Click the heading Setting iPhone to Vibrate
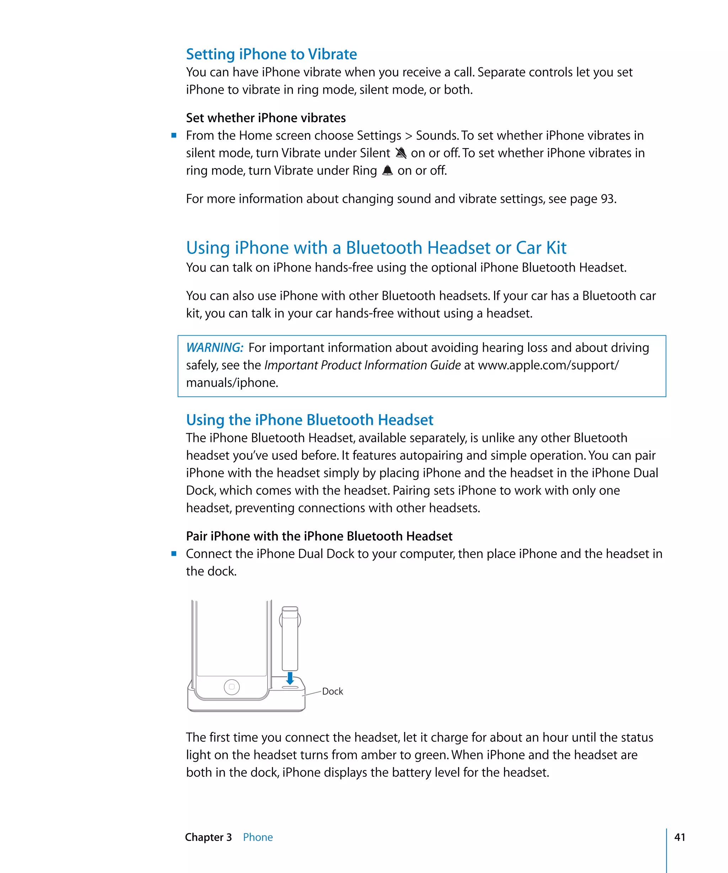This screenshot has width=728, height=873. click(x=271, y=54)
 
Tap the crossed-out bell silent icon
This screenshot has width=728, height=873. click(x=401, y=153)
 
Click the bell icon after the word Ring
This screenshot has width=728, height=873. click(x=387, y=170)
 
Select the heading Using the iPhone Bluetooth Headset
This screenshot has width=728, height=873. click(x=310, y=420)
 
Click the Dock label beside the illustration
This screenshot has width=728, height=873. click(x=332, y=692)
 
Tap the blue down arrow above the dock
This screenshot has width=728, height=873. click(x=290, y=678)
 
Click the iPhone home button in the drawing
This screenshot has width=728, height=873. click(x=232, y=687)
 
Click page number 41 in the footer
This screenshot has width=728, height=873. click(x=680, y=837)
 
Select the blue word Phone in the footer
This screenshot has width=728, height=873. click(x=258, y=837)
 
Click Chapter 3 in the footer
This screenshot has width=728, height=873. click(x=208, y=837)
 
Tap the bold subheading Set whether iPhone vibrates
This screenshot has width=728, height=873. click(x=266, y=118)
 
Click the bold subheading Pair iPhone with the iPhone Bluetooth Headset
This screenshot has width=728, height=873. click(x=319, y=536)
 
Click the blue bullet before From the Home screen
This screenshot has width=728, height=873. click(x=174, y=135)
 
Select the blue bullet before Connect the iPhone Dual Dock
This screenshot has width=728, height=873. click(x=174, y=553)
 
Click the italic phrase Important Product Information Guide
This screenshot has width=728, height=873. click(x=362, y=365)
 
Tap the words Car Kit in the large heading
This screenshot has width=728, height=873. click(x=541, y=248)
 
